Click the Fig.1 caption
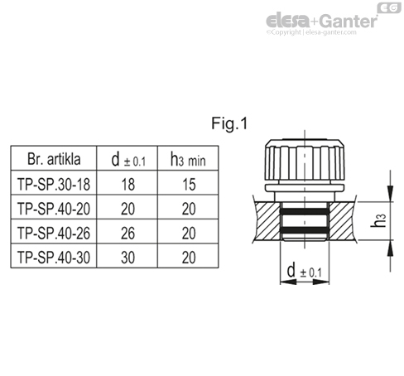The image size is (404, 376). click(230, 125)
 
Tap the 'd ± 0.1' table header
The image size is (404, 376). click(122, 157)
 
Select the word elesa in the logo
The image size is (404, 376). click(289, 20)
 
